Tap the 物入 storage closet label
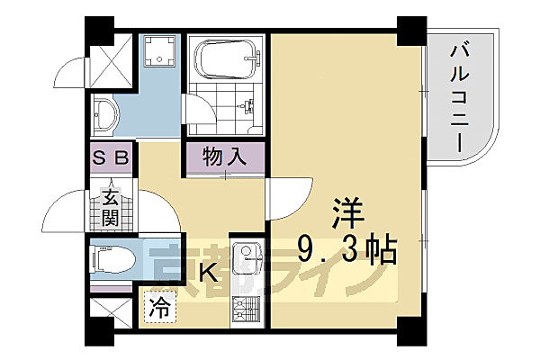coord(226,157)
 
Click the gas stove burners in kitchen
coord(246,312)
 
